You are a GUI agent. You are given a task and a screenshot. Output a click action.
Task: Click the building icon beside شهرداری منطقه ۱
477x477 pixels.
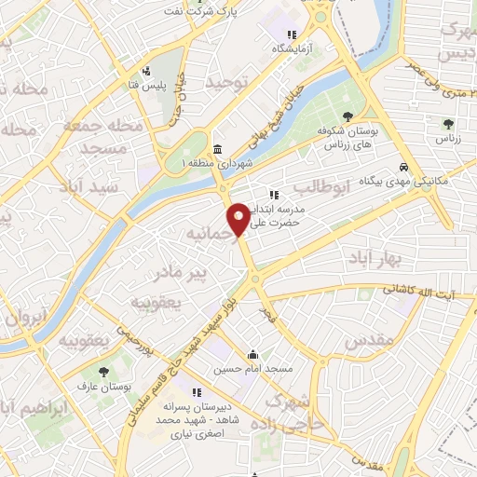tap(217, 150)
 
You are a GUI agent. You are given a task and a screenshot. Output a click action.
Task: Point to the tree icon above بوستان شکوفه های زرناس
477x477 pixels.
tap(348, 117)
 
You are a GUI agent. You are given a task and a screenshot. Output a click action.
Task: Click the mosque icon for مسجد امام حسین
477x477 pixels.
tap(252, 354)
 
